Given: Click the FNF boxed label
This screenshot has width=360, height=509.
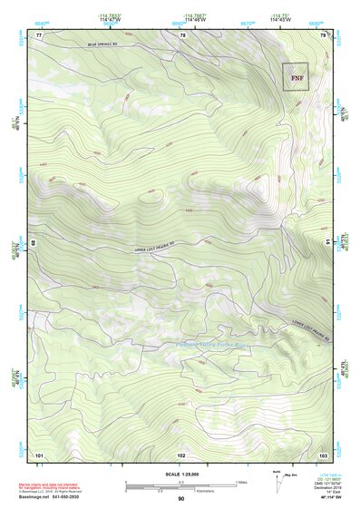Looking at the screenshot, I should tap(296, 77).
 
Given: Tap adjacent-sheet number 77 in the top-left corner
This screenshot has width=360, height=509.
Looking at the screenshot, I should tap(39, 34).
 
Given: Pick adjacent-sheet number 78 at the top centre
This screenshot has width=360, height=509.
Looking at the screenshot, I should tap(182, 34).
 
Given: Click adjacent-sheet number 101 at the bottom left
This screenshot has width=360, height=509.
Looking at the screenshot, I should tap(39, 454).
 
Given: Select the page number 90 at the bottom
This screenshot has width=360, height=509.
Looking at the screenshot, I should tap(180, 499).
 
